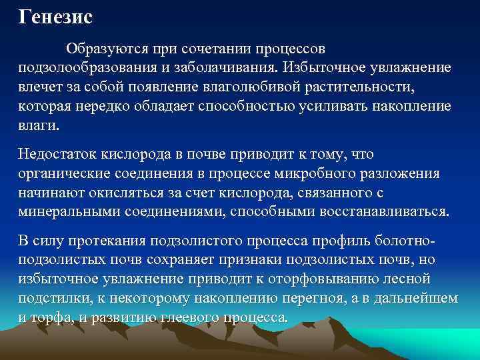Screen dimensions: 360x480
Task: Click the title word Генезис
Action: [55, 17]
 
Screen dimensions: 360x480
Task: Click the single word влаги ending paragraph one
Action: [37, 125]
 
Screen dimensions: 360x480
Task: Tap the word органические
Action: [67, 174]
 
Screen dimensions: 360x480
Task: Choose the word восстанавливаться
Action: [385, 212]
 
